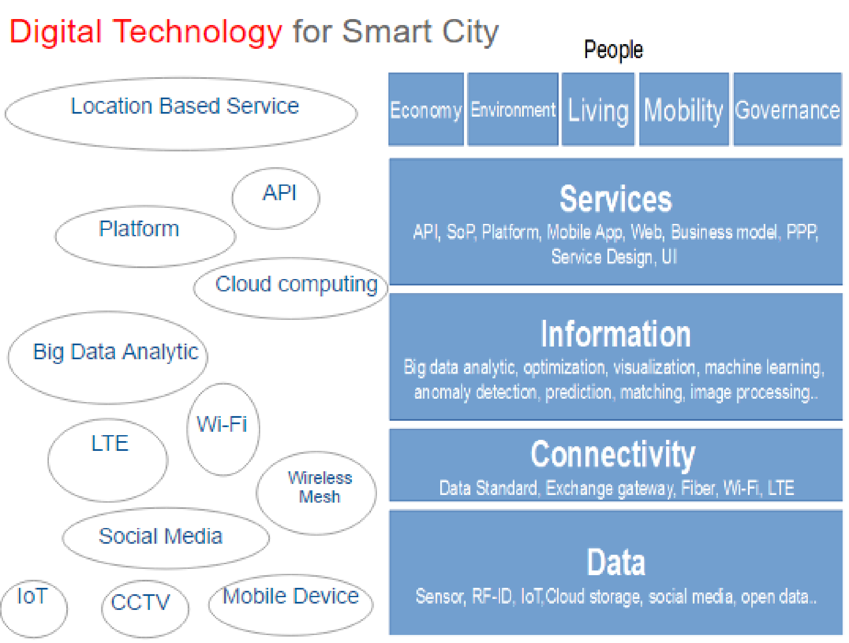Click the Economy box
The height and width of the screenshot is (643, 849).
pyautogui.click(x=426, y=109)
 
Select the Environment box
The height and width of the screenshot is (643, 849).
pyautogui.click(x=513, y=109)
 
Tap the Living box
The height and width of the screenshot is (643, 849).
pyautogui.click(x=598, y=109)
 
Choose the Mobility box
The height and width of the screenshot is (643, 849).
pyautogui.click(x=684, y=109)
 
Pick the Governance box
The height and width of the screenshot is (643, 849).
pyautogui.click(x=787, y=109)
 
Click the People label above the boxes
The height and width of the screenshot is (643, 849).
pyautogui.click(x=613, y=50)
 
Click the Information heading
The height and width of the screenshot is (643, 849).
pyautogui.click(x=616, y=334)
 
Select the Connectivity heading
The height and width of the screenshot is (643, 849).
pyautogui.click(x=613, y=455)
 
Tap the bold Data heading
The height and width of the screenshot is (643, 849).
pyautogui.click(x=616, y=562)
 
